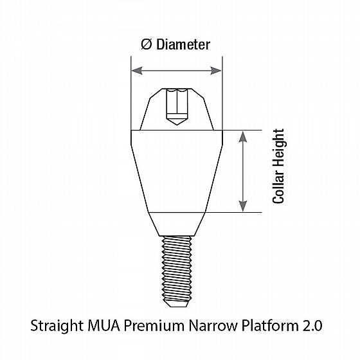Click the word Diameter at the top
tap(183, 44)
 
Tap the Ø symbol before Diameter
tap(147, 44)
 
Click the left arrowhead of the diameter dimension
tap(136, 71)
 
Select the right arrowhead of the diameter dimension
tap(216, 71)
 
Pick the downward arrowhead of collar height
tap(243, 206)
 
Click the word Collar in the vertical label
tap(278, 186)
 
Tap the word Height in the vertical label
tap(278, 148)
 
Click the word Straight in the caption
tap(57, 326)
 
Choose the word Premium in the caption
tap(154, 325)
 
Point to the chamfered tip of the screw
tap(177, 304)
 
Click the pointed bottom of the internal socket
tap(177, 122)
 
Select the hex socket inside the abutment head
tap(177, 104)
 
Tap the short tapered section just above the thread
tap(177, 224)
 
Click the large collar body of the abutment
tap(177, 171)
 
